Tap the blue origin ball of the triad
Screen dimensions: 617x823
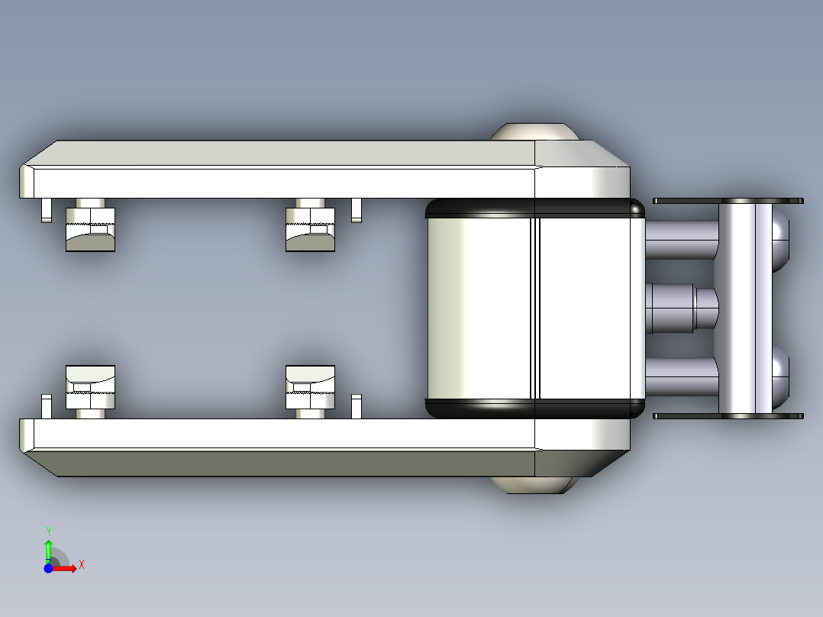point(48,568)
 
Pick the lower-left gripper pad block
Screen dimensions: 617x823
point(90,387)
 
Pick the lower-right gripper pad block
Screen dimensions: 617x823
point(310,387)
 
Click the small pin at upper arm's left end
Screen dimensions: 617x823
point(47,210)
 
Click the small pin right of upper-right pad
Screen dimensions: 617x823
point(357,210)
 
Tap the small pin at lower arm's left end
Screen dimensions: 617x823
point(47,406)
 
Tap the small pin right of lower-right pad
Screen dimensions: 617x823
point(357,406)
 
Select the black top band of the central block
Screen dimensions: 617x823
point(534,208)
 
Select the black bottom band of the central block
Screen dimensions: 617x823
point(534,409)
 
